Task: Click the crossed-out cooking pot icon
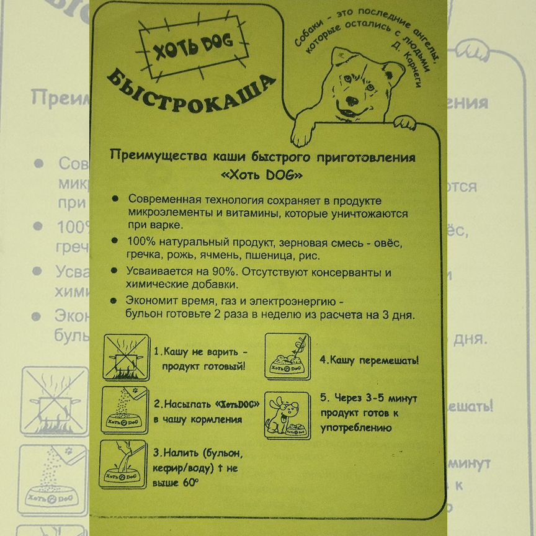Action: (x=125, y=357)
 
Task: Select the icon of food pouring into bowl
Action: (x=125, y=409)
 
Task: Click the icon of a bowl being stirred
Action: (x=287, y=356)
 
